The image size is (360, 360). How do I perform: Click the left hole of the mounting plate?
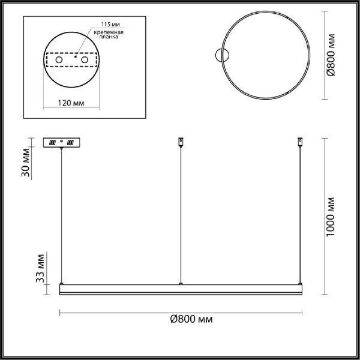(59, 61)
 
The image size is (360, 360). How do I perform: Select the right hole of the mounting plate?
(85, 61)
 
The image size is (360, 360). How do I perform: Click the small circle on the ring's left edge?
(223, 57)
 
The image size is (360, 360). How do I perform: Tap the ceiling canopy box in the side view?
(61, 143)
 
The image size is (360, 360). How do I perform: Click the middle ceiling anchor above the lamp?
(181, 142)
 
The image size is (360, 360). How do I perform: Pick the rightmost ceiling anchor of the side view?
(301, 142)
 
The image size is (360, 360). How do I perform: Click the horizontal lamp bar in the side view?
(180, 289)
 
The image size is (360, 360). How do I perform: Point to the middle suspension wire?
(181, 216)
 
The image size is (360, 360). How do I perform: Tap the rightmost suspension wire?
(301, 216)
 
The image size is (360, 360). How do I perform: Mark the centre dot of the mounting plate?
(76, 61)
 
